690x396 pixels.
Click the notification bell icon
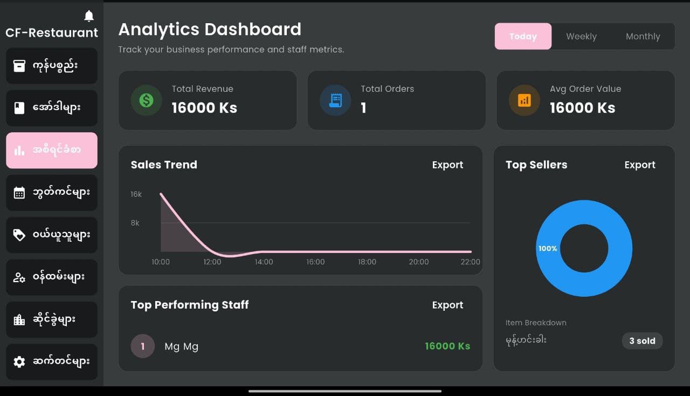pyautogui.click(x=89, y=16)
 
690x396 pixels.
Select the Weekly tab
pyautogui.click(x=581, y=37)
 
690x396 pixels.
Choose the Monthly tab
pyautogui.click(x=643, y=37)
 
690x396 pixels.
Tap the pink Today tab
pyautogui.click(x=523, y=37)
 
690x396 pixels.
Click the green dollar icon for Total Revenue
pyautogui.click(x=146, y=100)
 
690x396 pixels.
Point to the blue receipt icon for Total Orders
pyautogui.click(x=335, y=100)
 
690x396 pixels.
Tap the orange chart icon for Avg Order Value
pyautogui.click(x=525, y=100)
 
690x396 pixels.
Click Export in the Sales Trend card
pyautogui.click(x=447, y=165)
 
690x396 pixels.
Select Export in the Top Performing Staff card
pyautogui.click(x=447, y=305)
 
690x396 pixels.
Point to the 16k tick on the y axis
pyautogui.click(x=136, y=194)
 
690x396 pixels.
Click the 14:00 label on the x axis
pyautogui.click(x=264, y=262)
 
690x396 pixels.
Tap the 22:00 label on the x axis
pyautogui.click(x=470, y=262)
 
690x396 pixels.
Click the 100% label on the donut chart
pyautogui.click(x=548, y=249)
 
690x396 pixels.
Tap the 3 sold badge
pyautogui.click(x=642, y=341)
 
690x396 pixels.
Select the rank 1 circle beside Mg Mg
pyautogui.click(x=143, y=346)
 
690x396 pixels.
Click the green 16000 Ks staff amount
pyautogui.click(x=447, y=346)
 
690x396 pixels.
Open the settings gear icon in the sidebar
pyautogui.click(x=19, y=361)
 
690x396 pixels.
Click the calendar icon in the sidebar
pyautogui.click(x=19, y=193)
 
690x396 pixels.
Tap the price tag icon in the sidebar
pyautogui.click(x=19, y=235)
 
